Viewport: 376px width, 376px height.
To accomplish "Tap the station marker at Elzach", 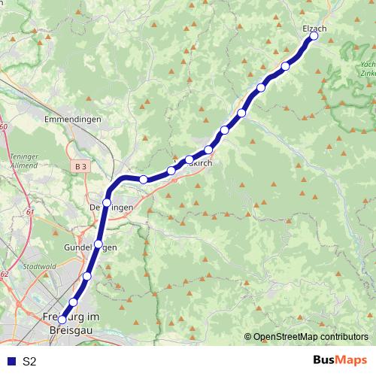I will click(314, 36).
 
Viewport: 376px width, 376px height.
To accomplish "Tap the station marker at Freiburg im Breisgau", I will click(62, 319).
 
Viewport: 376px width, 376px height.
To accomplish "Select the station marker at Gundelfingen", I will click(98, 244).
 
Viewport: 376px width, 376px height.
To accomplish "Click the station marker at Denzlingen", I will click(108, 202).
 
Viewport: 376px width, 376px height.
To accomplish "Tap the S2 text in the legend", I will click(29, 361).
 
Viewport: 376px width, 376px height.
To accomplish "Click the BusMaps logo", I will click(339, 360).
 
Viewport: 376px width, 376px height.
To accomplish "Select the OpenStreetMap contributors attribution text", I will click(310, 337).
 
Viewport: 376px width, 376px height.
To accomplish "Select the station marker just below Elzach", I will click(285, 66).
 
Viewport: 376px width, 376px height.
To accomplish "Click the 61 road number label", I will click(29, 213).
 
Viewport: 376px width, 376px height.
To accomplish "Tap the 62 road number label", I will click(4, 274).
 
